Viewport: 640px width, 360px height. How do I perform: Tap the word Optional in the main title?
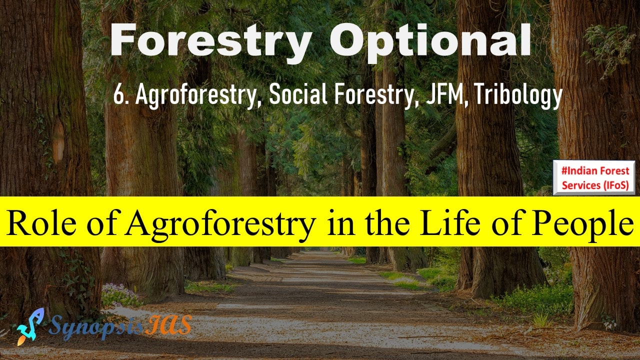click(x=430, y=43)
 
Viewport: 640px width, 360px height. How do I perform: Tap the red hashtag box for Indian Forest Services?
click(x=594, y=177)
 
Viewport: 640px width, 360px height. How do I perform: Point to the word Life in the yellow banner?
click(x=450, y=222)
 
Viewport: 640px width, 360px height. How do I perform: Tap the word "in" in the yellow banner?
click(x=340, y=223)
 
